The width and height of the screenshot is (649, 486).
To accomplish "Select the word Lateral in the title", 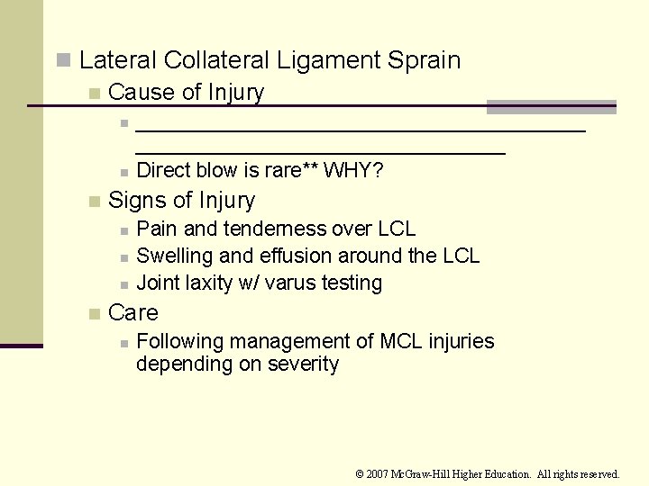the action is [x=116, y=60].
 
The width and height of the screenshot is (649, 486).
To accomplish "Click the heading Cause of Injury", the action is [x=186, y=92].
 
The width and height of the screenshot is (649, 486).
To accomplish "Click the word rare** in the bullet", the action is [x=284, y=170].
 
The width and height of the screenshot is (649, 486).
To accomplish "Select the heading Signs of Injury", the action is [x=181, y=200].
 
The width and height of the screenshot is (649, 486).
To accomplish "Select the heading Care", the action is [x=133, y=312].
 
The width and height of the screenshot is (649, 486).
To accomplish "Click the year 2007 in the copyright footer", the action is [x=378, y=473].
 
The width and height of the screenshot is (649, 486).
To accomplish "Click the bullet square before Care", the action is [x=94, y=314].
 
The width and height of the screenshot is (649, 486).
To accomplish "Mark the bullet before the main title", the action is [x=63, y=60].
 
